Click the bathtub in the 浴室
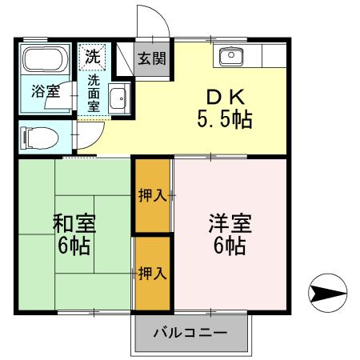pyautogui.click(x=46, y=60)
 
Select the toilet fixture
pyautogui.click(x=40, y=138)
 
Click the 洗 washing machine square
pyautogui.click(x=93, y=57)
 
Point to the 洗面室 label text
pyautogui.click(x=93, y=94)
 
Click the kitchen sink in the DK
pyautogui.click(x=231, y=56)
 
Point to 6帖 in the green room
pyautogui.click(x=72, y=244)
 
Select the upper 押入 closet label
pyautogui.click(x=152, y=195)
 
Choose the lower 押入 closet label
pyautogui.click(x=152, y=273)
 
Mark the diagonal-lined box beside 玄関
pyautogui.click(x=125, y=58)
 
